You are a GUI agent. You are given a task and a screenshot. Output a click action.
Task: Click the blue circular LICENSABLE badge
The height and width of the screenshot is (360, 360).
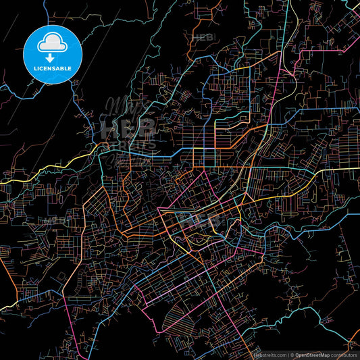53,55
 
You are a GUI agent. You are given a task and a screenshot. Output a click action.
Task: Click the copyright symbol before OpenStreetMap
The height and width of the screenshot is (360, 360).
292,355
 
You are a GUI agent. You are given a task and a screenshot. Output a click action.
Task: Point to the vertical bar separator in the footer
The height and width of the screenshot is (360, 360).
287,355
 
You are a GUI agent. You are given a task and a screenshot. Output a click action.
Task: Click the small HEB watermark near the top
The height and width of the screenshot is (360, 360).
202,38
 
